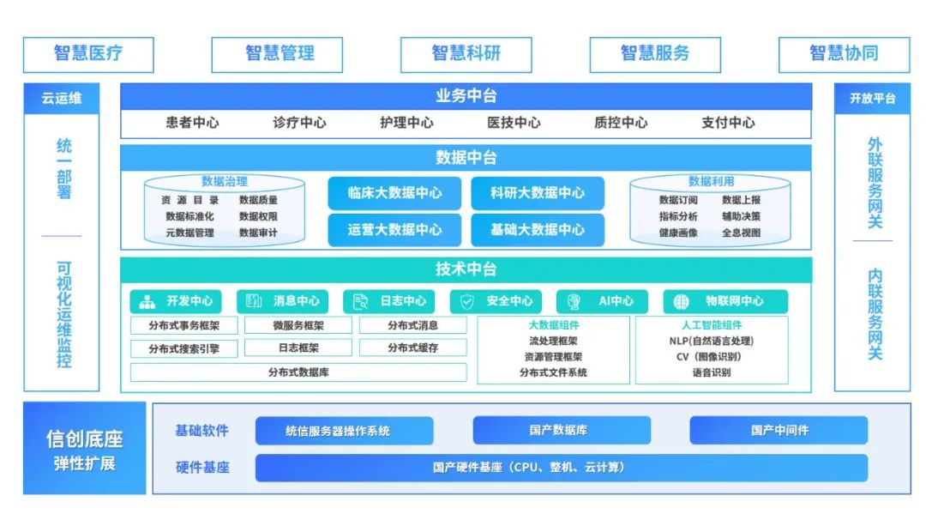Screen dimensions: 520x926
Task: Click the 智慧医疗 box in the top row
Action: [x=88, y=54]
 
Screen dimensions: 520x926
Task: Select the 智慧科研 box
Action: [x=466, y=54]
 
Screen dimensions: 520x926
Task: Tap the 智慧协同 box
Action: [x=844, y=54]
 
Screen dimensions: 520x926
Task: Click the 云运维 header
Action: [x=62, y=99]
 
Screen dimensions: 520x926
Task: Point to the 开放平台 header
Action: [x=872, y=99]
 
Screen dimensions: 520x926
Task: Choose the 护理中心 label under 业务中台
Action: [x=406, y=123]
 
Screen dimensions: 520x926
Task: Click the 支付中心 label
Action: [x=728, y=123]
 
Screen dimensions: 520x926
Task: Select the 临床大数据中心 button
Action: [x=395, y=193]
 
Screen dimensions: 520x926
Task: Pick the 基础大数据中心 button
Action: [x=538, y=230]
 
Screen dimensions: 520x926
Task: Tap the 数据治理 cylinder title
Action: [x=225, y=182]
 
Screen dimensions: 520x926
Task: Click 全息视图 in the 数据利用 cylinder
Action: [x=741, y=233]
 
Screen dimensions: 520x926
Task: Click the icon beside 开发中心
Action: [x=147, y=301]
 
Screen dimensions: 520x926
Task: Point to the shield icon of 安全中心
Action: [x=467, y=301]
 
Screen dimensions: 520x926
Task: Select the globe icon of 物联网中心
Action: [x=682, y=301]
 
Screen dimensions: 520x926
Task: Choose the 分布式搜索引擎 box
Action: [x=183, y=349]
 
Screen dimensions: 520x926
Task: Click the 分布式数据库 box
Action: [x=298, y=372]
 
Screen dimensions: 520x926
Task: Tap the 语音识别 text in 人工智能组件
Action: [x=712, y=373]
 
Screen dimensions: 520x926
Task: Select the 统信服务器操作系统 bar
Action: [x=345, y=431]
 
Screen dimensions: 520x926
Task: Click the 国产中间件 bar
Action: [x=779, y=431]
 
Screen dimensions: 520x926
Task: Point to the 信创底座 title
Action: [x=84, y=439]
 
